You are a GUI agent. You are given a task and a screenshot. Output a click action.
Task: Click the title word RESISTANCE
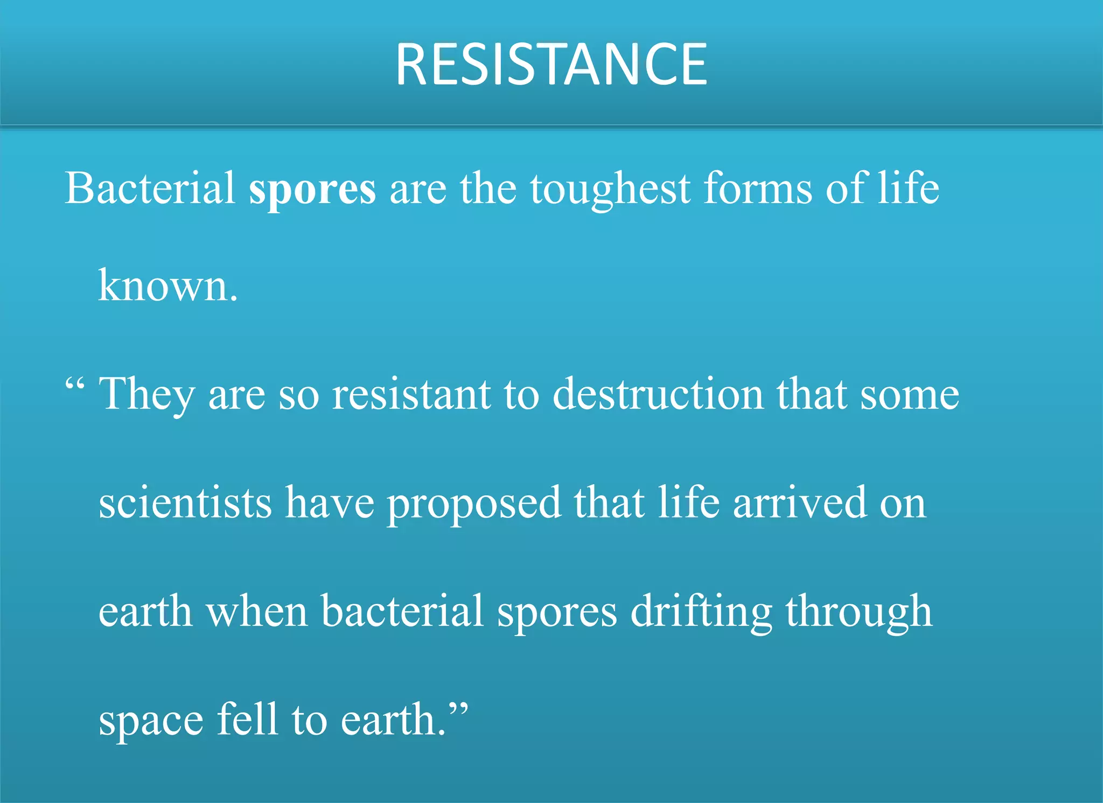click(x=551, y=65)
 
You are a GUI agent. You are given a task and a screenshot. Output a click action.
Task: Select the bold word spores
click(x=312, y=190)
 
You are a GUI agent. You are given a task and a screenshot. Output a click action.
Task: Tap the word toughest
click(x=610, y=190)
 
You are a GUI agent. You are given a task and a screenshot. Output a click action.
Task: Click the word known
click(x=167, y=286)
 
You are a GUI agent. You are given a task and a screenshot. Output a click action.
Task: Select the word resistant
click(x=411, y=395)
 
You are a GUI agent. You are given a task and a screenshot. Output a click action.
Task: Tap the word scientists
click(x=185, y=503)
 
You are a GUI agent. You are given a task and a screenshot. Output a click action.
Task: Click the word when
click(x=257, y=612)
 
